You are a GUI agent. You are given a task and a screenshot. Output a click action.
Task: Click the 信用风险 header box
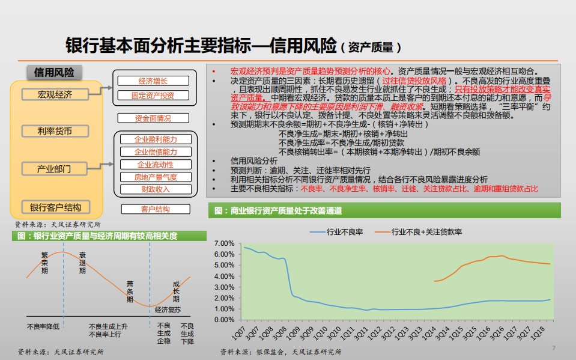point(54,72)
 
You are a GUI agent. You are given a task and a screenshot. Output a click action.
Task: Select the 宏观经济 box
point(55,94)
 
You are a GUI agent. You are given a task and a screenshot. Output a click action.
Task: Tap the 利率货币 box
point(55,131)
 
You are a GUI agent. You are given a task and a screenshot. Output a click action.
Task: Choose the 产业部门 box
point(55,169)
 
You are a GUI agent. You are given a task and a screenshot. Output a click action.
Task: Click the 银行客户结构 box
point(55,207)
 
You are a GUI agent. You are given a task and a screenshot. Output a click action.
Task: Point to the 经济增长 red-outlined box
point(153,81)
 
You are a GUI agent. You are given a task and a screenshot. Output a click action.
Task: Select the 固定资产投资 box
point(153,95)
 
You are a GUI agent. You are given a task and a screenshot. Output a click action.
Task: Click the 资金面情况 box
point(153,118)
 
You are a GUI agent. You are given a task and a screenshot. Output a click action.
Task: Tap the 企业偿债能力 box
point(155,152)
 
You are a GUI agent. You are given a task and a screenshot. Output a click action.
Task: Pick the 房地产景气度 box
point(155,177)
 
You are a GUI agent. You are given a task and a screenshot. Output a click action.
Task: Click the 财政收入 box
point(155,189)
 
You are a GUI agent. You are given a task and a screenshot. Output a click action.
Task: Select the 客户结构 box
point(155,209)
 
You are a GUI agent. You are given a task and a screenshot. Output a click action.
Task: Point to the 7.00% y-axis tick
point(223,243)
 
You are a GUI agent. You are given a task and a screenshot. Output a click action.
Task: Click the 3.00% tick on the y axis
point(223,287)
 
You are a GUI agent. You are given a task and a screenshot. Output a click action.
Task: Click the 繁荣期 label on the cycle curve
point(44,263)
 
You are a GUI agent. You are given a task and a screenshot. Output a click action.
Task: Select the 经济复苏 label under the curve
point(167,310)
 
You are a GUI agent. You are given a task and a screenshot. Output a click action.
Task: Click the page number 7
point(554,348)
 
